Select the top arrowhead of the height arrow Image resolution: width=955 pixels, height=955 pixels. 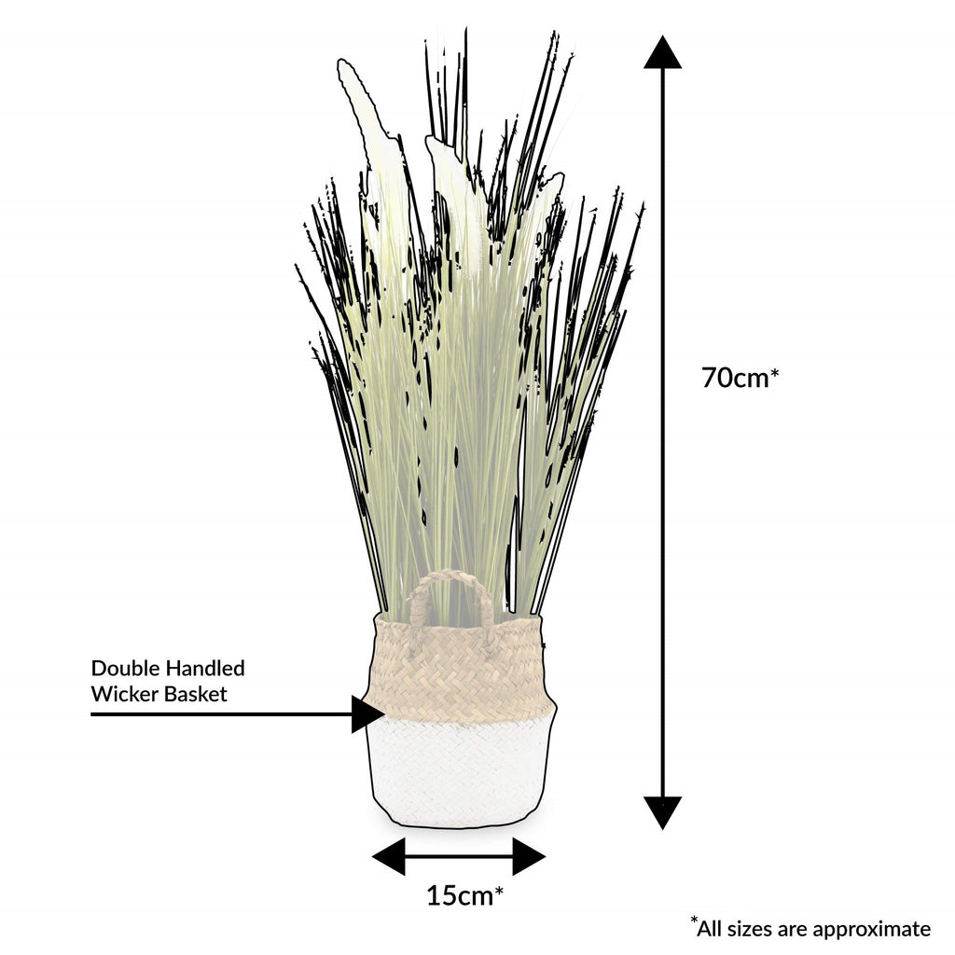(x=662, y=53)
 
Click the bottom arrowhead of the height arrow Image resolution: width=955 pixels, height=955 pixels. (x=662, y=811)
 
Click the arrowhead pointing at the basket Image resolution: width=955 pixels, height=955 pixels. (x=367, y=714)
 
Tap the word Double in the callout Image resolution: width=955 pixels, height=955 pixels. (x=126, y=669)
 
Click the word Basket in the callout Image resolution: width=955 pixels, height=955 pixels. (x=196, y=695)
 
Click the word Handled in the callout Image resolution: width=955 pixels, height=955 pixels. (x=206, y=669)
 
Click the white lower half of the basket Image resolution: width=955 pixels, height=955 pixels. (x=460, y=769)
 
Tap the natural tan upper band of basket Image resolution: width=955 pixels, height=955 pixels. (x=460, y=667)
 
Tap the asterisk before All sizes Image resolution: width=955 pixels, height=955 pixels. (x=695, y=920)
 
